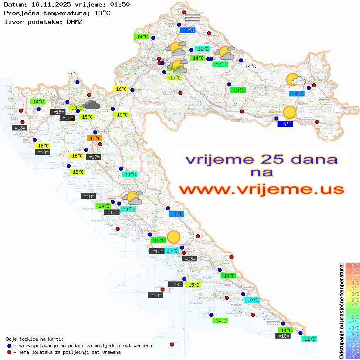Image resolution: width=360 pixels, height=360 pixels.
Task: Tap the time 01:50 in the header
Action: [120, 4]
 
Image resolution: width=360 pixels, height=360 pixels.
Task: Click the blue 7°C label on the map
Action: [190, 31]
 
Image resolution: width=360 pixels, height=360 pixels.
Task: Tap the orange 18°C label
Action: [95, 138]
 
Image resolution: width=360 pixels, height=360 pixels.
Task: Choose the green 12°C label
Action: [220, 65]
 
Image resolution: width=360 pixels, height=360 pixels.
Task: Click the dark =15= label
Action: [58, 112]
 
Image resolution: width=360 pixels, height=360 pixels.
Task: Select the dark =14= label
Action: [67, 118]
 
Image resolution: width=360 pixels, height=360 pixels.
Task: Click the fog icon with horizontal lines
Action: [192, 17]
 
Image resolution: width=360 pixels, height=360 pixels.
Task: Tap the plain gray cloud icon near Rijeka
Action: [92, 104]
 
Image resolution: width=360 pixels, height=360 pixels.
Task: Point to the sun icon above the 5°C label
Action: [289, 112]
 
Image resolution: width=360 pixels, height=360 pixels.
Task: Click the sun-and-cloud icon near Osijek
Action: [296, 80]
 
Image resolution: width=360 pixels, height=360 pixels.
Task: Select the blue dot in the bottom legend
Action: [10, 346]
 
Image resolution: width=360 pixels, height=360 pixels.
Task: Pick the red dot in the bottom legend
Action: [10, 352]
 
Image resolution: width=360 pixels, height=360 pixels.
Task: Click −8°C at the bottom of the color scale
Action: [352, 357]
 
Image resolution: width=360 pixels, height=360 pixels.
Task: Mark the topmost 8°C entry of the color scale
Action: [352, 265]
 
